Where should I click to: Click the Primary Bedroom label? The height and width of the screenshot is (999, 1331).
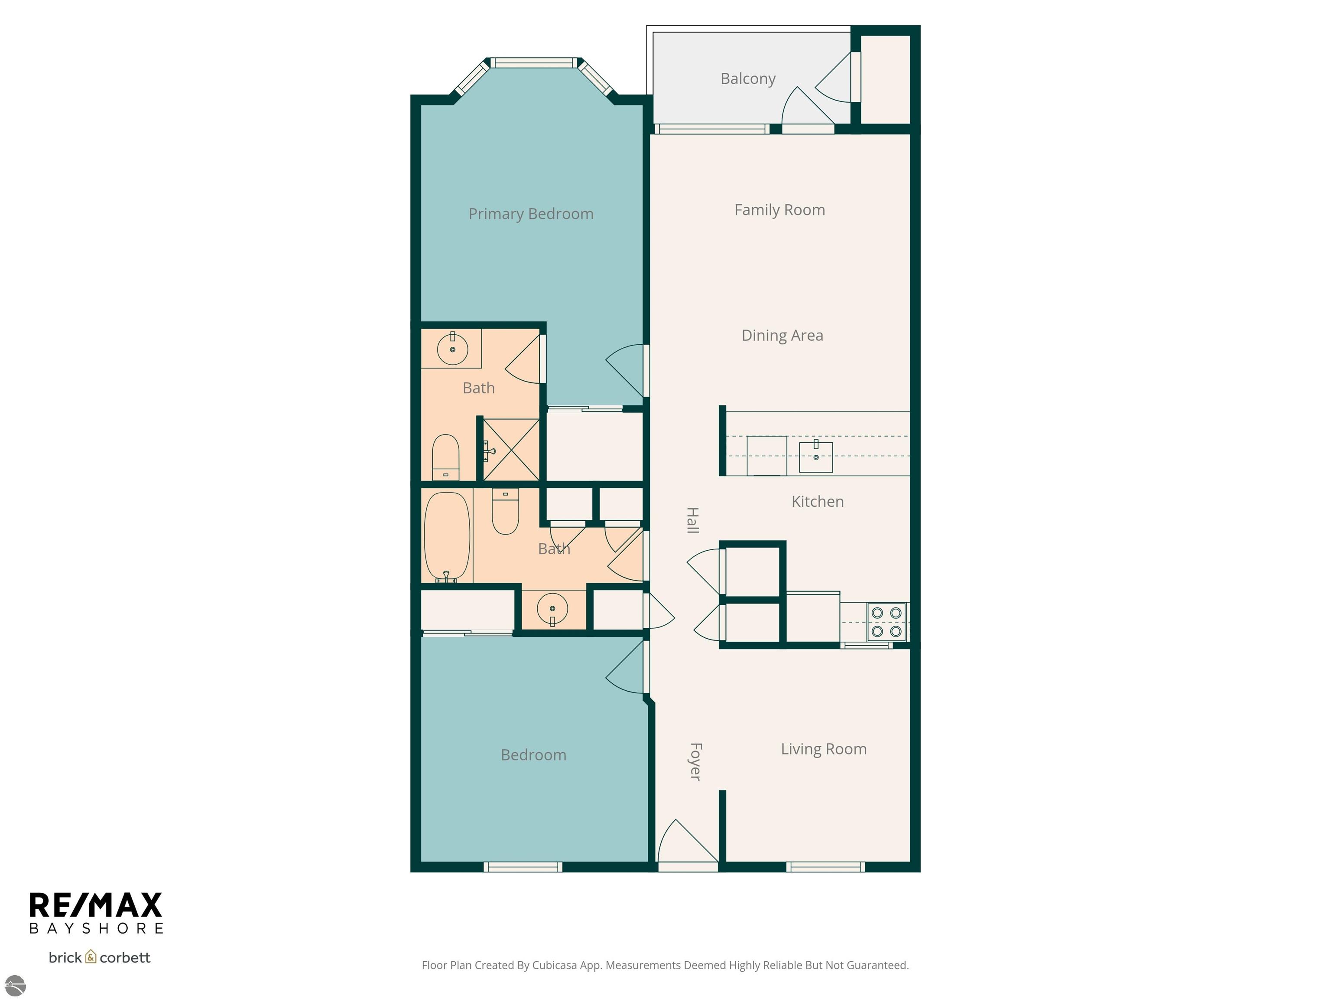pos(531,214)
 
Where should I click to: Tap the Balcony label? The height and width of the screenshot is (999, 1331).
pos(748,79)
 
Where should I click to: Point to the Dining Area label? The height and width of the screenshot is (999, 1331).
pos(782,336)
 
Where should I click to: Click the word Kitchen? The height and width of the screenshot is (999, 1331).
pos(817,502)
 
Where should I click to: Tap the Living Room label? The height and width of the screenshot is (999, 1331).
pos(823,749)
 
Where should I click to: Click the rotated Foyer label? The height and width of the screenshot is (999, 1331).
pos(695,762)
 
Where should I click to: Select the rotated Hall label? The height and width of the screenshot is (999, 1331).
pos(692,520)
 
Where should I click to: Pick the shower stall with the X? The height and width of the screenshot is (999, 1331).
pos(511,450)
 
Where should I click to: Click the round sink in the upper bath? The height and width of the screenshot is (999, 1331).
pos(452,349)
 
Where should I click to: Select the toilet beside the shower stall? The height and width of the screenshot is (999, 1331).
pos(446,457)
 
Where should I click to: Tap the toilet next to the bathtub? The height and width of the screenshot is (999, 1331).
pos(506,511)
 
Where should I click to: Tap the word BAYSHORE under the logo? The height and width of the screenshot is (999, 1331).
pos(96,929)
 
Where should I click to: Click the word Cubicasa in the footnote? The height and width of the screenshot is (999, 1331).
pos(554,965)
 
